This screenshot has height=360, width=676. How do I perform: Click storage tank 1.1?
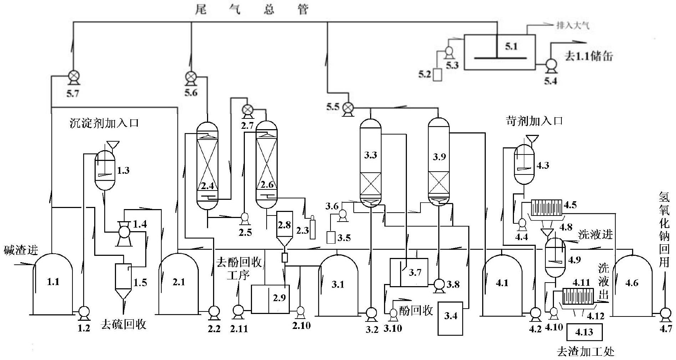52,284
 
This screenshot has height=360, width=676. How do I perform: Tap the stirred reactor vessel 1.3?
105,169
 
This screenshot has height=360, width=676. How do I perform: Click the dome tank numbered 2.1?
178,284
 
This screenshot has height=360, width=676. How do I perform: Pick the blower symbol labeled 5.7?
74,77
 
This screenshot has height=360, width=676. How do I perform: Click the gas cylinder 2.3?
313,227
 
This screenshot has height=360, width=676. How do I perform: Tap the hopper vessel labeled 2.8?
284,228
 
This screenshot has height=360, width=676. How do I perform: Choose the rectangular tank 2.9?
270,299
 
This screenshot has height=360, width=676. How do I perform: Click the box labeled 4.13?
584,332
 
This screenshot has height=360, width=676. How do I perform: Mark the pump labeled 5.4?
551,65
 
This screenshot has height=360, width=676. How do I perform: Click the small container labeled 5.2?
437,75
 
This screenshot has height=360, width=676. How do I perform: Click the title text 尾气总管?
252,9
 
